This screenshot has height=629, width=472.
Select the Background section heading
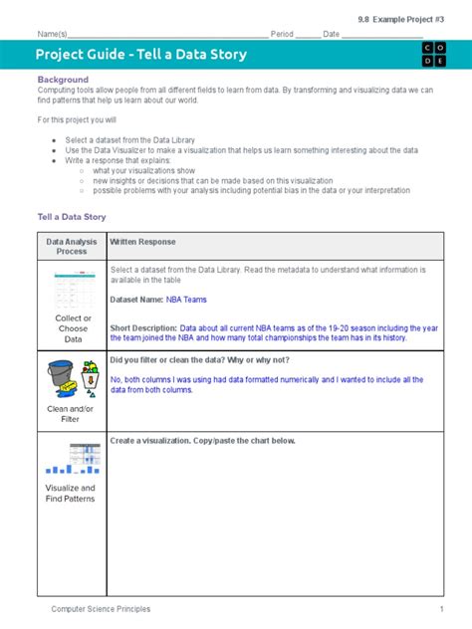click(63, 79)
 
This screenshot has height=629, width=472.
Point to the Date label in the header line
click(331, 34)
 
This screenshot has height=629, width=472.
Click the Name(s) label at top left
click(53, 34)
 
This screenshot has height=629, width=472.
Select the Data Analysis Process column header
click(72, 246)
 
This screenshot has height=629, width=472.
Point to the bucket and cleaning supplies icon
click(72, 379)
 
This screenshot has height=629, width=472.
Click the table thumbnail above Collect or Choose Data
click(72, 289)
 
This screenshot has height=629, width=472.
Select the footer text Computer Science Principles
click(102, 608)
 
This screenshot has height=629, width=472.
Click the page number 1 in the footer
click(440, 608)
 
